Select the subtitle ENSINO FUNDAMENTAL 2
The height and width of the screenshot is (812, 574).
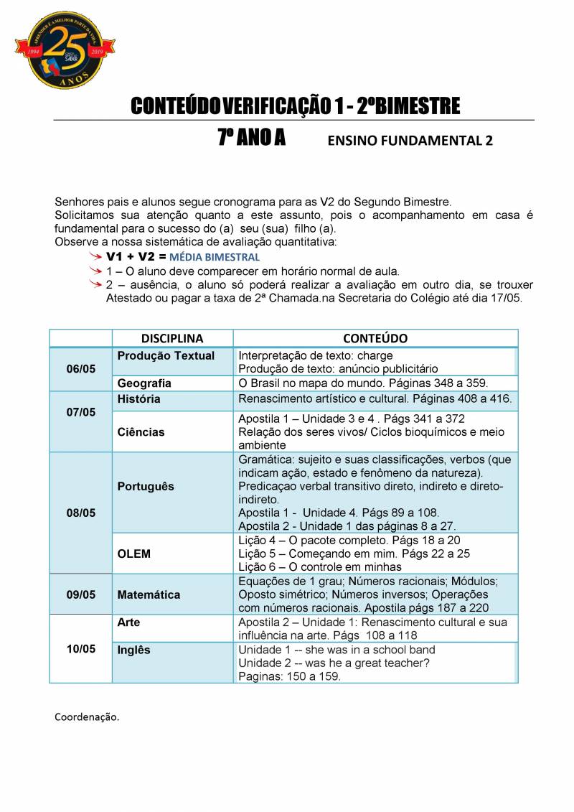click(410, 141)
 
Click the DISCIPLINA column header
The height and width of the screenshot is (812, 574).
click(172, 338)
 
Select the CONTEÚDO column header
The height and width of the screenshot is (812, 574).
click(375, 338)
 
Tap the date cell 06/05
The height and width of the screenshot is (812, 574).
click(80, 369)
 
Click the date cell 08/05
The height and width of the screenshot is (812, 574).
click(80, 513)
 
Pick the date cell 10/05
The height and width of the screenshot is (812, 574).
click(80, 649)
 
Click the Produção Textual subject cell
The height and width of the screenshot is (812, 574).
click(166, 356)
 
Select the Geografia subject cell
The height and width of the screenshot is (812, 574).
click(144, 383)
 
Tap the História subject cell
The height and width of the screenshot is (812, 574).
click(138, 399)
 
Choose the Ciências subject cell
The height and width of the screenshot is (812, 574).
click(141, 432)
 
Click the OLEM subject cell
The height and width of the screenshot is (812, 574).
click(133, 553)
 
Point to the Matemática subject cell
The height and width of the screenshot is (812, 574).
click(149, 594)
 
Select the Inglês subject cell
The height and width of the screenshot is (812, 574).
click(133, 650)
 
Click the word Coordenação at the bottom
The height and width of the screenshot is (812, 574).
click(87, 717)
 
